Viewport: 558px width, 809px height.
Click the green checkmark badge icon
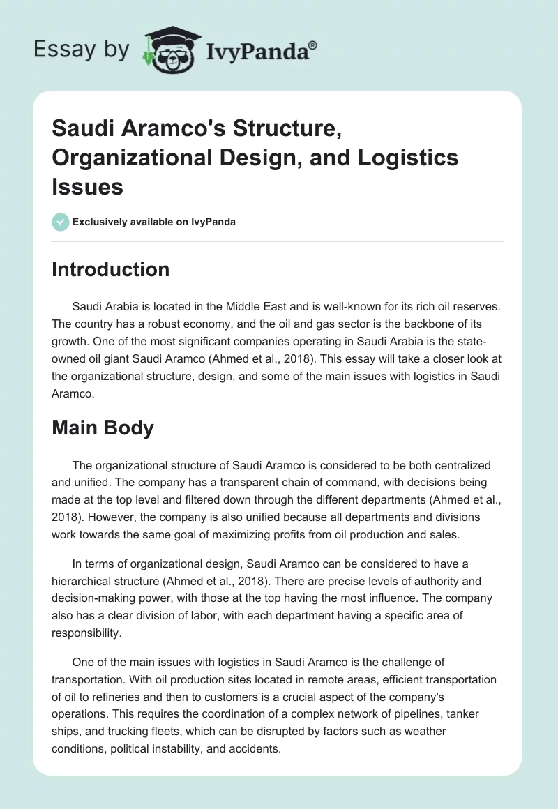[x=60, y=222]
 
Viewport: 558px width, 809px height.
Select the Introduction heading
[x=110, y=269]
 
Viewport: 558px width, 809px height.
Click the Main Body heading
[x=103, y=428]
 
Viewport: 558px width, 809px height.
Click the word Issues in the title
[x=87, y=186]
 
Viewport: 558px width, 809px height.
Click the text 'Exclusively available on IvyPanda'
[x=153, y=222]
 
